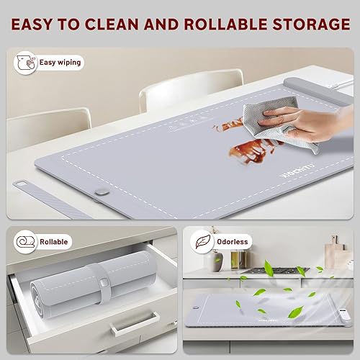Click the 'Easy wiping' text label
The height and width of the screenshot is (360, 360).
pos(57,63)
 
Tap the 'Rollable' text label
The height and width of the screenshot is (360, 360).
pos(55,242)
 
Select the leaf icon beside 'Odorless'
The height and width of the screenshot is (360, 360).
pos(203,242)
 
